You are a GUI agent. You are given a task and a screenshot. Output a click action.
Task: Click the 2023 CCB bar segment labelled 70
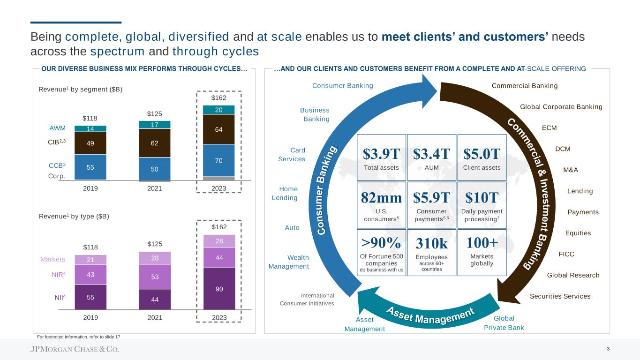[219, 160]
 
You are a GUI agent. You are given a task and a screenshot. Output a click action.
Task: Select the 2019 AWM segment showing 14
[90, 128]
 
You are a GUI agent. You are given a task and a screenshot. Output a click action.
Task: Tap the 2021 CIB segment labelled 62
[155, 143]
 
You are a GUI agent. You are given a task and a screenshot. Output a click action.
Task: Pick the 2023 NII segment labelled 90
[219, 288]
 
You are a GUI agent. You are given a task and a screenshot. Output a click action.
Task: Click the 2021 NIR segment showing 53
[155, 277]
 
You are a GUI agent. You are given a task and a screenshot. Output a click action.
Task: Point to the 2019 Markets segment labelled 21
[90, 260]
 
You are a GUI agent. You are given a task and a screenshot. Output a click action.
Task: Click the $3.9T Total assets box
[382, 157]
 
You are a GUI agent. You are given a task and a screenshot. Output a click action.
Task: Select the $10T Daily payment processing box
[482, 205]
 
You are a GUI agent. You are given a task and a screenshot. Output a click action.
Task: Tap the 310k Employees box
[432, 252]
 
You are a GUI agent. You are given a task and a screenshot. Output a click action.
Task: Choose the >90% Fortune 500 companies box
[382, 252]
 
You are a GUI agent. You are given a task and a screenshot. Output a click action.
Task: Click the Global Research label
[573, 275]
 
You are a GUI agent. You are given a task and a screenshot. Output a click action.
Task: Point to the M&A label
[571, 170]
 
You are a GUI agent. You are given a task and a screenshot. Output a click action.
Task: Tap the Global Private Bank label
[504, 323]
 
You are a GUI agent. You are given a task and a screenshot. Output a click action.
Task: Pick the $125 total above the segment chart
[154, 113]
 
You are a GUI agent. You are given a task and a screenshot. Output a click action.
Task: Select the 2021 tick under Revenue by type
[155, 317]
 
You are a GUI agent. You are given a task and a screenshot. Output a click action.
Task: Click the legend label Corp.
[57, 176]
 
